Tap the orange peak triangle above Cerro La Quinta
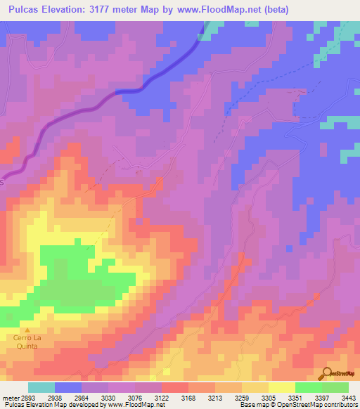[28, 330]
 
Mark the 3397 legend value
[322, 397]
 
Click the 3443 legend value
[348, 397]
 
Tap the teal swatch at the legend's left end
[41, 387]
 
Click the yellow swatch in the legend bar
[281, 387]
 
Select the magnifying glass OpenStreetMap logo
[326, 373]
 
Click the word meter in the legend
[10, 397]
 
